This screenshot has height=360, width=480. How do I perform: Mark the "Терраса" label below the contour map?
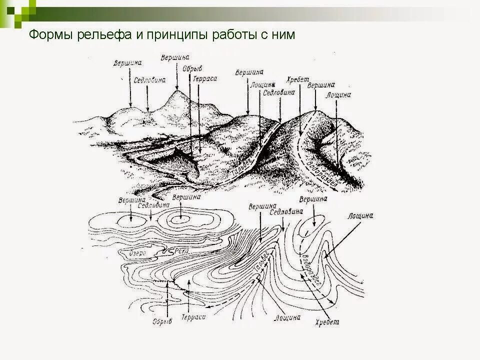194,317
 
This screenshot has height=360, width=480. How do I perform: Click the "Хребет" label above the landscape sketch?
298,79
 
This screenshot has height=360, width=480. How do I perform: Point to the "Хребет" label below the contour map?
327,322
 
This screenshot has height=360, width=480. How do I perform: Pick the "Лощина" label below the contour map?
287,316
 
